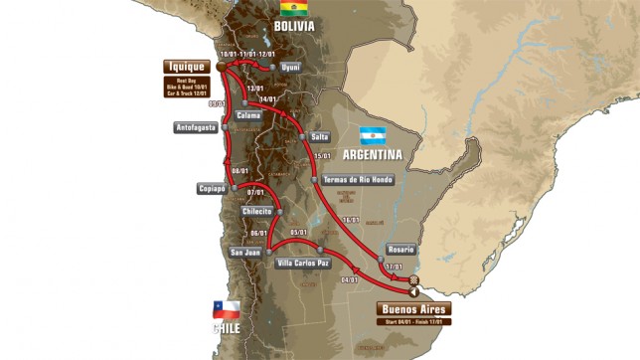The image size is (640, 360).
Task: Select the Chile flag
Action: point(228,308)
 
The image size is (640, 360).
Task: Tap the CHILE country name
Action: point(227,327)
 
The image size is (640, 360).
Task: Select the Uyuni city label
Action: point(291,67)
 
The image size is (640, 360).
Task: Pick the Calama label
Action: point(248,115)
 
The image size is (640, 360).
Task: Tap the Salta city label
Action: point(319,136)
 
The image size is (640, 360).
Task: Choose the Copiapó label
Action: point(212,188)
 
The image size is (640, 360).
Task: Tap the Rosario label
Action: point(400,249)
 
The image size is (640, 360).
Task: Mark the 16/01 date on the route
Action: point(349,220)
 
